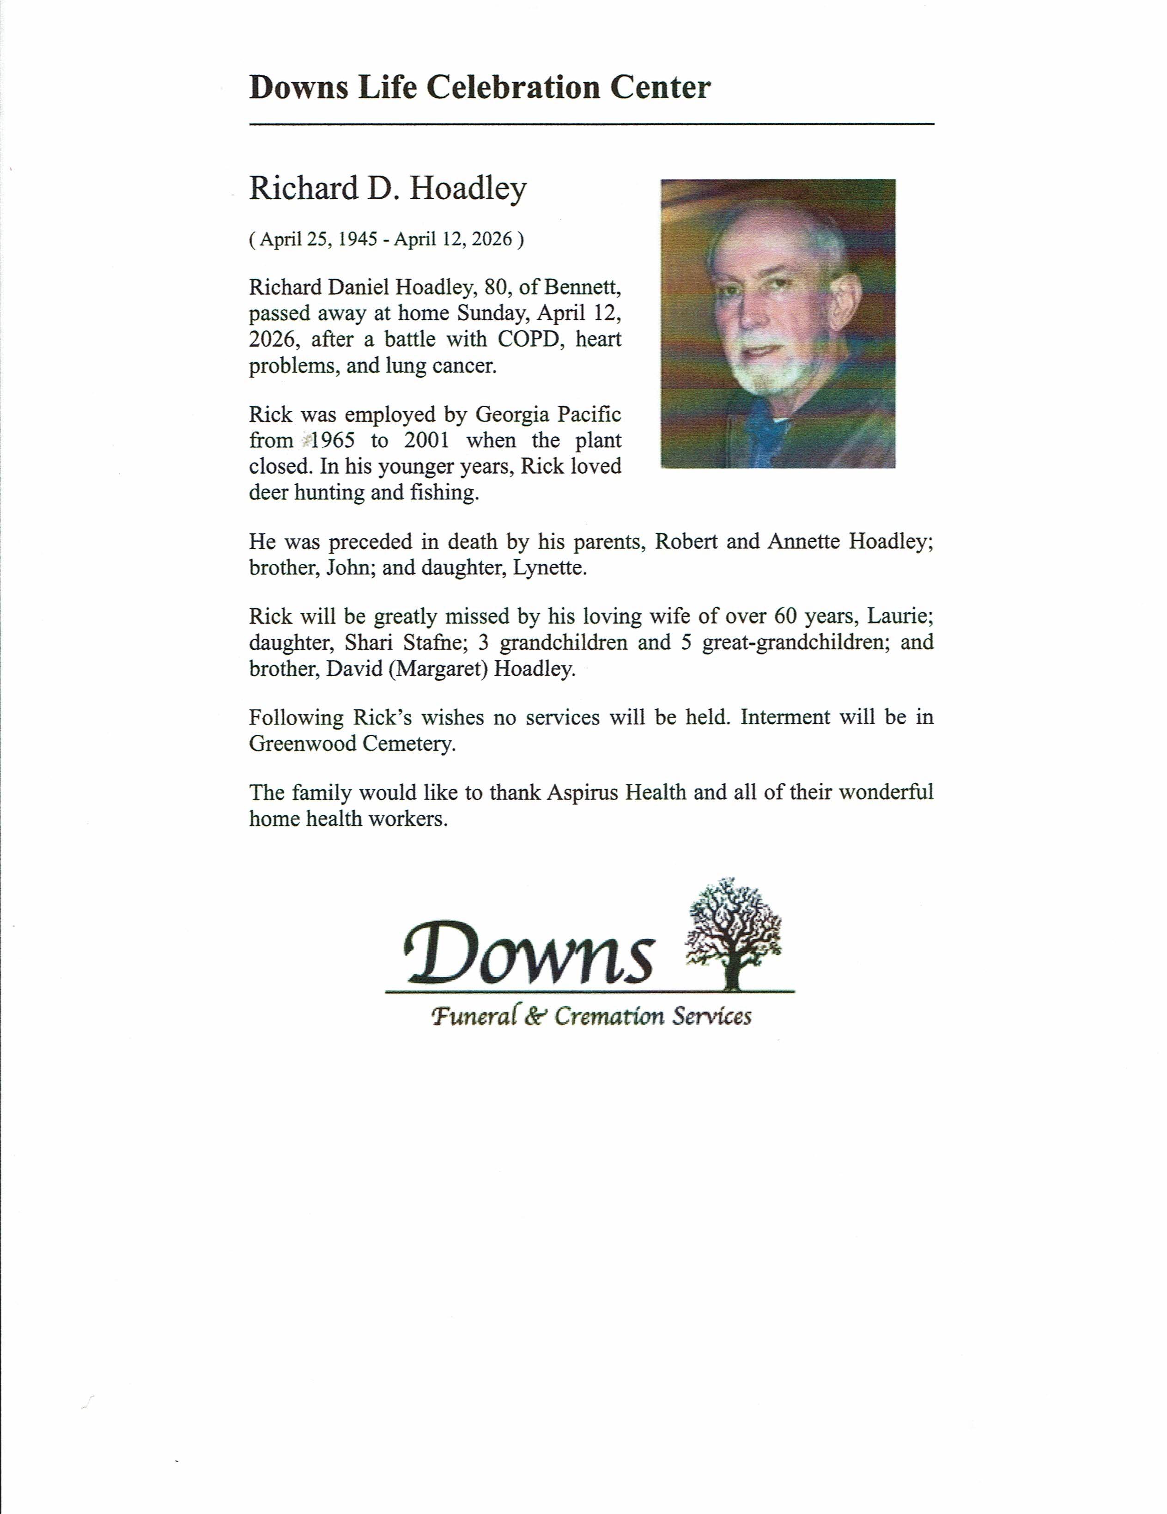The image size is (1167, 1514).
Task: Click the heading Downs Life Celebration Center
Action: [x=480, y=88]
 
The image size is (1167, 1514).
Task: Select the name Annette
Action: [x=804, y=542]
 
